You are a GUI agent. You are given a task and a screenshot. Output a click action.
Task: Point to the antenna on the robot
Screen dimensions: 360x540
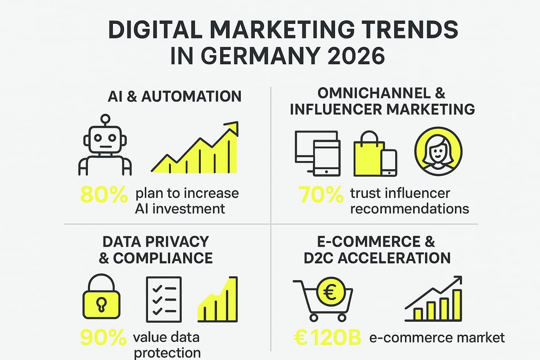click(105, 120)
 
